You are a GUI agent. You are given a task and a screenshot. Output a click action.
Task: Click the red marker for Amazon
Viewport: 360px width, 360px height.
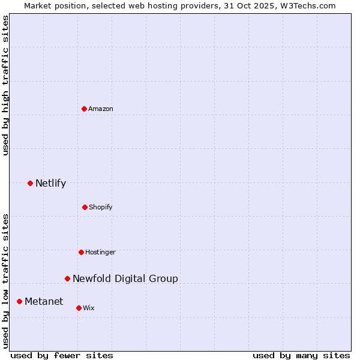click(x=85, y=109)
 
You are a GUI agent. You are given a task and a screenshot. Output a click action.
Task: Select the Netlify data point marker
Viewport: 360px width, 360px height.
click(x=30, y=183)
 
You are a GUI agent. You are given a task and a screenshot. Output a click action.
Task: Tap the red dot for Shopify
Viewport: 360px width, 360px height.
click(x=85, y=207)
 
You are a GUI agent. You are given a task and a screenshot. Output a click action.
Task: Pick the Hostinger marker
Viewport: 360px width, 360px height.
click(x=81, y=252)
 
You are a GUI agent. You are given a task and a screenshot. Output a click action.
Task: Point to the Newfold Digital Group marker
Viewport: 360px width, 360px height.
click(x=67, y=278)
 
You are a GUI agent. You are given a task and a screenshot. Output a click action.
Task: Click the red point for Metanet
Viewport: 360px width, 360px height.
click(x=19, y=301)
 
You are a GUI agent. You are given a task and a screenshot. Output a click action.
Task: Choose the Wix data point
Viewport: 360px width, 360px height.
click(x=79, y=308)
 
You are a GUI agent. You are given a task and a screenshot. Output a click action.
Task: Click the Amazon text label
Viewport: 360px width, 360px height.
click(x=101, y=109)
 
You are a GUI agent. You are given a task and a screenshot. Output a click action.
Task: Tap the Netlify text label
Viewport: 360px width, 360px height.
click(x=50, y=183)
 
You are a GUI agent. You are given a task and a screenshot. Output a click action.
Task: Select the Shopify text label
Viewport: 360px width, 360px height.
click(x=101, y=207)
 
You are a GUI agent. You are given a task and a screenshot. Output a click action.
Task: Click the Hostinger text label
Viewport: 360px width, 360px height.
click(x=100, y=252)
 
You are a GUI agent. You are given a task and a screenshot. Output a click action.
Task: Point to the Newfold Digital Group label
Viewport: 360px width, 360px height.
click(x=125, y=278)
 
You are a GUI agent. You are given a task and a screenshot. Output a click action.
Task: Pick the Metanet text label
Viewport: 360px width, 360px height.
click(x=43, y=301)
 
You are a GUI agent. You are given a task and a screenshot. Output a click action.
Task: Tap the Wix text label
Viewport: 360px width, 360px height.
click(x=89, y=308)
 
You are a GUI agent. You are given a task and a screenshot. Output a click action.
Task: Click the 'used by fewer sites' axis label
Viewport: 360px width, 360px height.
click(x=62, y=355)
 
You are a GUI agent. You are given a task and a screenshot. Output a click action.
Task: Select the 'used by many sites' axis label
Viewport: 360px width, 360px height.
click(x=301, y=355)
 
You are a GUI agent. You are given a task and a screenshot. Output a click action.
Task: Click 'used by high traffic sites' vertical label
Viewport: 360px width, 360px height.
click(x=5, y=85)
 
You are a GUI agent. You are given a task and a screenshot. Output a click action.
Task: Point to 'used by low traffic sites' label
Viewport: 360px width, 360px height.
click(x=5, y=280)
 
